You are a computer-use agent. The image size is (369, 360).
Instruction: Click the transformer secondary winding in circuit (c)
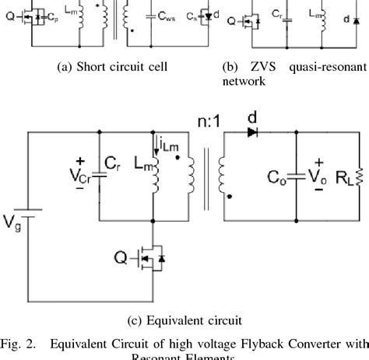pos(224,177)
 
